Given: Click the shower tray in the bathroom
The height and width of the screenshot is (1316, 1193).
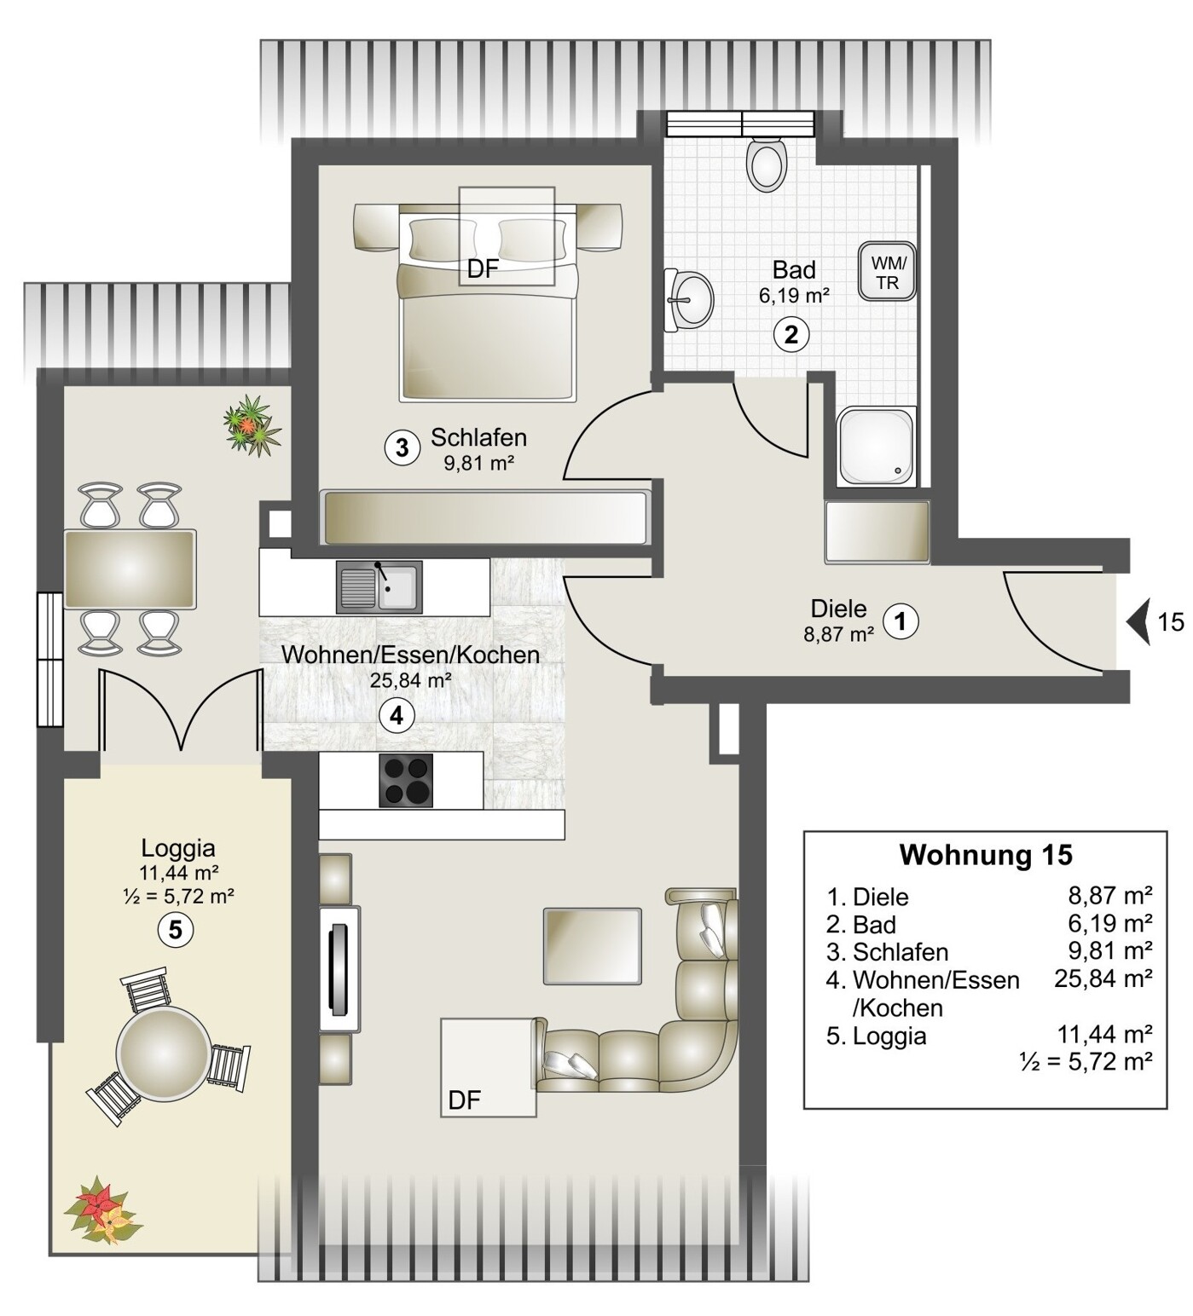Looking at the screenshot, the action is pyautogui.click(x=877, y=446).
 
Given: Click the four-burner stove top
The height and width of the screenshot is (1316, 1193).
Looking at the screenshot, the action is pyautogui.click(x=406, y=780).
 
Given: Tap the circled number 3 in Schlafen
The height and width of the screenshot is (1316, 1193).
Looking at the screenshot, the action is pyautogui.click(x=402, y=447).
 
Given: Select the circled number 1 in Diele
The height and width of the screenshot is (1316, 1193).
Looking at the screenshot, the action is pyautogui.click(x=901, y=620).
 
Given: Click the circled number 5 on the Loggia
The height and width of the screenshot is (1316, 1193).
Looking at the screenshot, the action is pyautogui.click(x=175, y=929).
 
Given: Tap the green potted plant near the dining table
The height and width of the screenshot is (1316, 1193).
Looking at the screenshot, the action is pyautogui.click(x=252, y=424).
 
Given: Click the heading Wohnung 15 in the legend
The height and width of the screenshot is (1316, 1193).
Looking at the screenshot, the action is pyautogui.click(x=986, y=854).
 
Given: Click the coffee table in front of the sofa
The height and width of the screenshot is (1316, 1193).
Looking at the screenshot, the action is pyautogui.click(x=592, y=945).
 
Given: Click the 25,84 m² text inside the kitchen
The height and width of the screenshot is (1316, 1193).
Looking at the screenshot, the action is pyautogui.click(x=410, y=680).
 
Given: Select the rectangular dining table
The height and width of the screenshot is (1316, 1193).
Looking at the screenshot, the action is pyautogui.click(x=130, y=569).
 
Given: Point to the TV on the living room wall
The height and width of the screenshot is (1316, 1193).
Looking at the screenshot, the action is pyautogui.click(x=339, y=968).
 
